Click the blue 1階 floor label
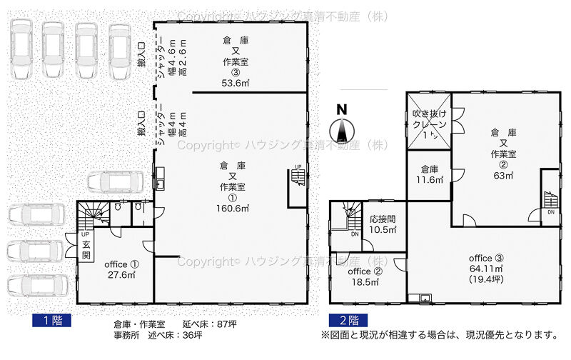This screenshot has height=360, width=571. pos(51,320)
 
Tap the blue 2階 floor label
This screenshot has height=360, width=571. pos(348,320)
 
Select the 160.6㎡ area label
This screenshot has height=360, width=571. pos(233,209)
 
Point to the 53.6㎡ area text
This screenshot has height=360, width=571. pos(236,83)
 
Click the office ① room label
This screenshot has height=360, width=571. pos(121,264)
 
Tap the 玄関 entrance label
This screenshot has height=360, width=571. pos(86,250)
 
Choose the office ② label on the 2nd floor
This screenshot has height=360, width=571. pos(365,271)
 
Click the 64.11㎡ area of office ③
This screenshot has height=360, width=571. pos(486,269)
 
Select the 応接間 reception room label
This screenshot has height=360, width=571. pos(383,219)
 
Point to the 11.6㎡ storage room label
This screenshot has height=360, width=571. pos(430,179)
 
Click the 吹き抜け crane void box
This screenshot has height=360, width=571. pos(429,121)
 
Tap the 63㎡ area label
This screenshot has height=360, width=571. pos(504,176)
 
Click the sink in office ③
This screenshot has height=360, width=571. pos(425,298)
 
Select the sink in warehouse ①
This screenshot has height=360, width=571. pos(160,178)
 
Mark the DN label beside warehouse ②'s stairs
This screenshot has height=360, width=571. pos(551,212)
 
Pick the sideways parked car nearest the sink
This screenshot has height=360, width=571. pos(116,182)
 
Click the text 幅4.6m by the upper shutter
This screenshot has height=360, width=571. pos(172,58)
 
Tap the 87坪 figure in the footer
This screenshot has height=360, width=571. pos(226,324)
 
